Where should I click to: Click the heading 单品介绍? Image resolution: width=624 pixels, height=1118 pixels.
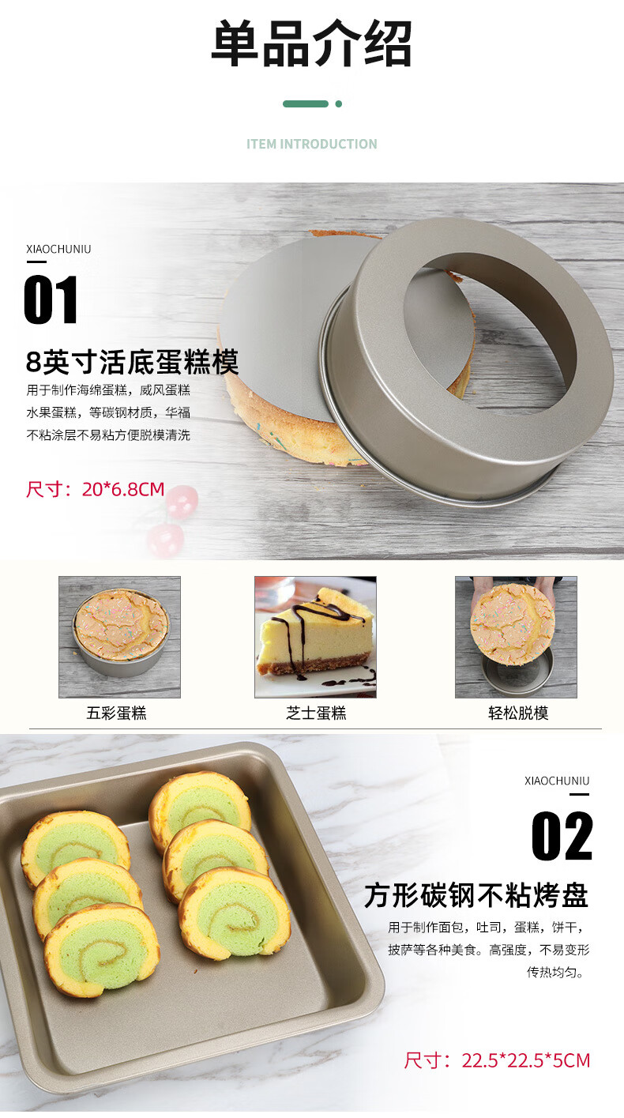(x=312, y=44)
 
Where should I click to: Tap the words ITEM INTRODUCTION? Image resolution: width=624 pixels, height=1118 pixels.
(x=312, y=145)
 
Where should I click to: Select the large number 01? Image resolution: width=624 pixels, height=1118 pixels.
(x=51, y=300)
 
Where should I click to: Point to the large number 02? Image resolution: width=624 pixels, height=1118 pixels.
(x=562, y=836)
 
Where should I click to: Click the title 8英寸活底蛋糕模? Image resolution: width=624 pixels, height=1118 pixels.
(x=132, y=362)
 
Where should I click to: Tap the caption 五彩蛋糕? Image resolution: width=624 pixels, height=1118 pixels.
(x=117, y=713)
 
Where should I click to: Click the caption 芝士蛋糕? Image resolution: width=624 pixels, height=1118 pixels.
(x=316, y=713)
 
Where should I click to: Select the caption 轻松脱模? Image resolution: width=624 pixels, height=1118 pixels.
(x=518, y=713)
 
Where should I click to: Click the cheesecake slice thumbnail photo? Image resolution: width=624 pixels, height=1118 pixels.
(x=315, y=637)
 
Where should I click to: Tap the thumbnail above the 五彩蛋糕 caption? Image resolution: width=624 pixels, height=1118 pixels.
(x=120, y=637)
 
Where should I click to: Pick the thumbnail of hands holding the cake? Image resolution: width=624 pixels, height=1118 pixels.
(x=516, y=637)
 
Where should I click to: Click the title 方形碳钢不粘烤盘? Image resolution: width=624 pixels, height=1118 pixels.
(x=477, y=895)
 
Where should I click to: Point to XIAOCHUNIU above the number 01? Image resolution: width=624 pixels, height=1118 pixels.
(x=59, y=249)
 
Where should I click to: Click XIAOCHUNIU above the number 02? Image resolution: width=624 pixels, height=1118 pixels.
(x=557, y=781)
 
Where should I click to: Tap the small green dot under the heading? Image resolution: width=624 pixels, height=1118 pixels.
(x=339, y=104)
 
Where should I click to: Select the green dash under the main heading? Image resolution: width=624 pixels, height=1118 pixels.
(x=306, y=104)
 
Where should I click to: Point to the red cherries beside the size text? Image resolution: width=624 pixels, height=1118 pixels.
(x=172, y=521)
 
